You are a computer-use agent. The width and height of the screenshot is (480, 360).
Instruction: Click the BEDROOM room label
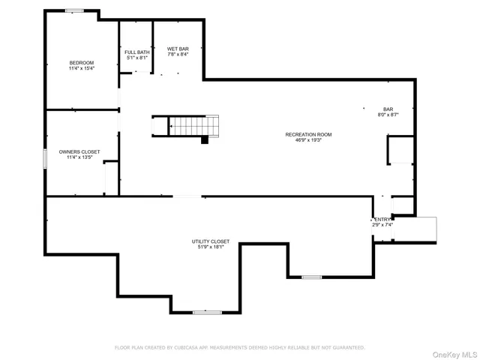[81, 62]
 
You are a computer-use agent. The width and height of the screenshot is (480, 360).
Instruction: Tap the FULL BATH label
[136, 52]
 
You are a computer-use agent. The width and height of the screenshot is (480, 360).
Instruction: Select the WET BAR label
[177, 49]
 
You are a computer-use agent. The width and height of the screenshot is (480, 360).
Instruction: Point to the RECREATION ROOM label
[307, 134]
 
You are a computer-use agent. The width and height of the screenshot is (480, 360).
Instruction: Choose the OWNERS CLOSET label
[79, 151]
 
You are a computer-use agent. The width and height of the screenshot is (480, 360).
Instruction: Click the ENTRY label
[382, 220]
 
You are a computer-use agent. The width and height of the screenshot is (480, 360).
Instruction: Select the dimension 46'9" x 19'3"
[307, 140]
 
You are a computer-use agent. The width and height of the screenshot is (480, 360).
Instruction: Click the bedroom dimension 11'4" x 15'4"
[81, 68]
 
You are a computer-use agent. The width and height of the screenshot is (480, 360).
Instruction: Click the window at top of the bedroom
[74, 10]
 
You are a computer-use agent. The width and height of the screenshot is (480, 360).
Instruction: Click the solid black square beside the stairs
[204, 139]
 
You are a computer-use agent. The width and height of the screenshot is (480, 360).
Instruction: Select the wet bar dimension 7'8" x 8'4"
[177, 55]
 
